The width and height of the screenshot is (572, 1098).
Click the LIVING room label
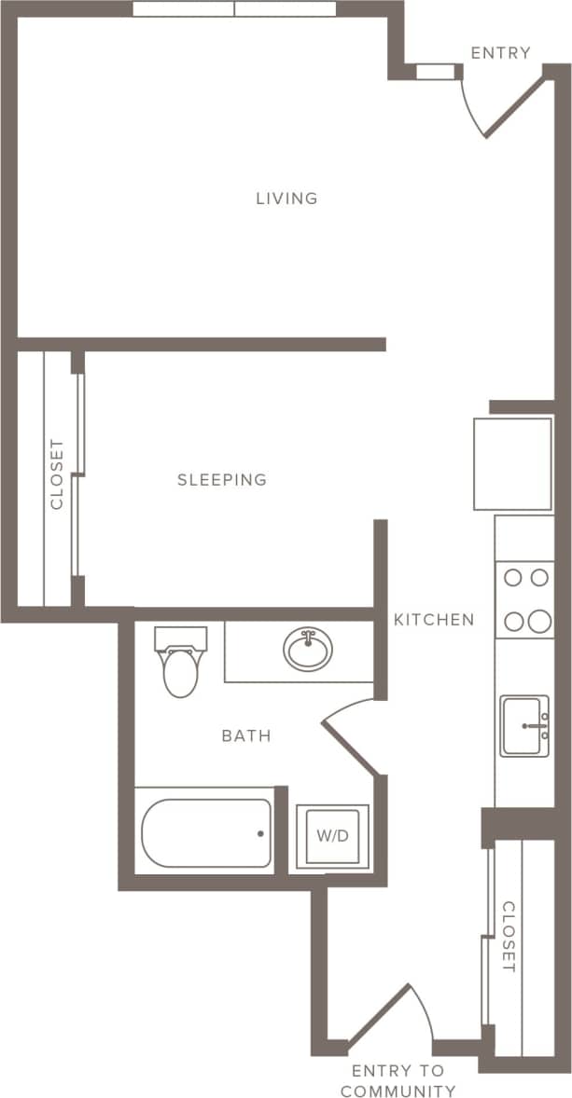click(286, 199)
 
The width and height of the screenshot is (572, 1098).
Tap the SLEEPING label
click(222, 480)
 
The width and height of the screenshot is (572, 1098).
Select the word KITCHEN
click(433, 619)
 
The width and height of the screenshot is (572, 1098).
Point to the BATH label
click(246, 736)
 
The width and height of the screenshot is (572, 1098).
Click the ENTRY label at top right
click(500, 53)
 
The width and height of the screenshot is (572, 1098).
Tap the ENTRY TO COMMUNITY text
click(398, 1081)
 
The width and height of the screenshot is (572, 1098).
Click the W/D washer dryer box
click(332, 836)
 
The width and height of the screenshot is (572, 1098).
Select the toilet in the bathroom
click(180, 664)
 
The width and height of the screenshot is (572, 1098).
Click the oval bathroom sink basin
click(307, 649)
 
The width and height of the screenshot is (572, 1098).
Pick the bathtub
click(206, 831)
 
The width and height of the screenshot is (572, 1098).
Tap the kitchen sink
click(524, 725)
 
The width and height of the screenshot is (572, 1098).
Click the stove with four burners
click(524, 599)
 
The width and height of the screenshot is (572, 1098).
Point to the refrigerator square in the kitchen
click(512, 463)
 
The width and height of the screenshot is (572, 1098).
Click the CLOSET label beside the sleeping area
click(58, 474)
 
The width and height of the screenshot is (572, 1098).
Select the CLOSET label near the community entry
click(509, 937)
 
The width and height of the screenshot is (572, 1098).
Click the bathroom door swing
click(349, 736)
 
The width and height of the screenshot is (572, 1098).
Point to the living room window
click(234, 9)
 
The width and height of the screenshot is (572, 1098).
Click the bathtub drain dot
click(260, 833)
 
